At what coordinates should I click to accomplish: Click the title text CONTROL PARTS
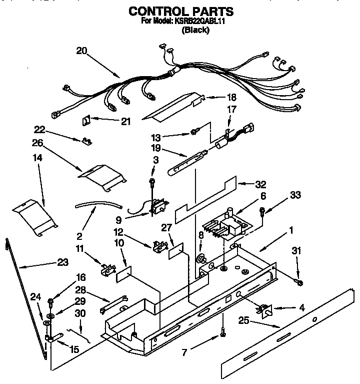pyautogui.click(x=180, y=11)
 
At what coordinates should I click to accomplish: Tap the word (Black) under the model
pyautogui.click(x=195, y=30)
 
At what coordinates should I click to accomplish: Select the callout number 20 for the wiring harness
pyautogui.click(x=82, y=50)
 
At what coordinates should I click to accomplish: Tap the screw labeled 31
pyautogui.click(x=298, y=283)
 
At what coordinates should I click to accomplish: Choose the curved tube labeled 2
pyautogui.click(x=98, y=204)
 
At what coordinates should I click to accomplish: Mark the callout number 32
pyautogui.click(x=260, y=184)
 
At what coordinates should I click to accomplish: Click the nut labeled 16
pyautogui.click(x=51, y=301)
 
